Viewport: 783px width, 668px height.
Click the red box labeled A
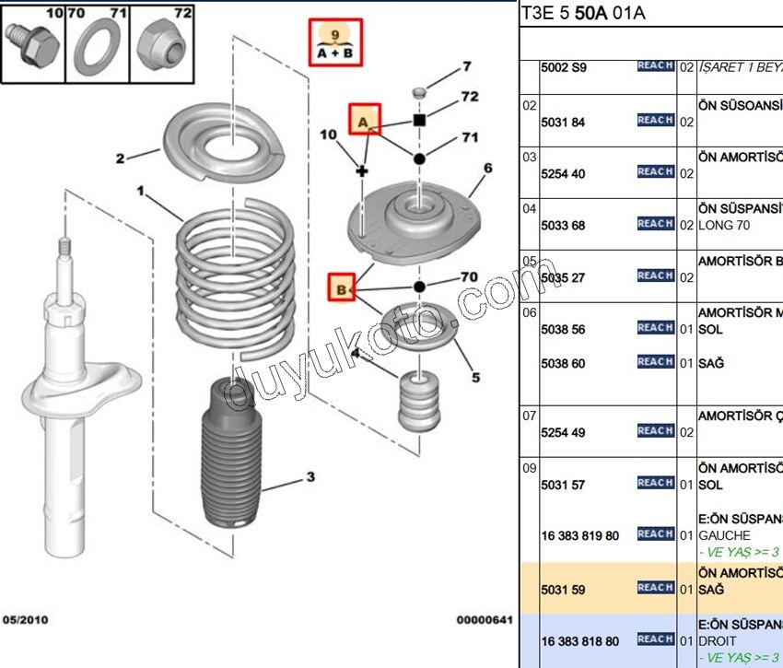pyautogui.click(x=364, y=120)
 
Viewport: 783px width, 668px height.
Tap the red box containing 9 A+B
pyautogui.click(x=335, y=42)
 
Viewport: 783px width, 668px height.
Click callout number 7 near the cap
pyautogui.click(x=466, y=66)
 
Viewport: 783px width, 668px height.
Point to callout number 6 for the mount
pyautogui.click(x=487, y=168)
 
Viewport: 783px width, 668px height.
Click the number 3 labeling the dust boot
pyautogui.click(x=310, y=476)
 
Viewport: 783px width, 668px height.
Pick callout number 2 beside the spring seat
pyautogui.click(x=120, y=158)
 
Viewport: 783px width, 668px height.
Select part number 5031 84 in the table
pyautogui.click(x=563, y=122)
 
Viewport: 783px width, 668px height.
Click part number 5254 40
pyautogui.click(x=563, y=174)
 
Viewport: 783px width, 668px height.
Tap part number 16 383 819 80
pyautogui.click(x=579, y=535)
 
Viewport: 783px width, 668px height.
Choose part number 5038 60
pyautogui.click(x=563, y=364)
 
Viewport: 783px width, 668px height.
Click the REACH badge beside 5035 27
pyautogui.click(x=655, y=275)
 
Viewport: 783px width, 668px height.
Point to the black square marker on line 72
pyautogui.click(x=419, y=121)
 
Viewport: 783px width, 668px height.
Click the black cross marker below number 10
pyautogui.click(x=362, y=171)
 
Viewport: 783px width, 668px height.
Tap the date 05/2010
pyautogui.click(x=27, y=621)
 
